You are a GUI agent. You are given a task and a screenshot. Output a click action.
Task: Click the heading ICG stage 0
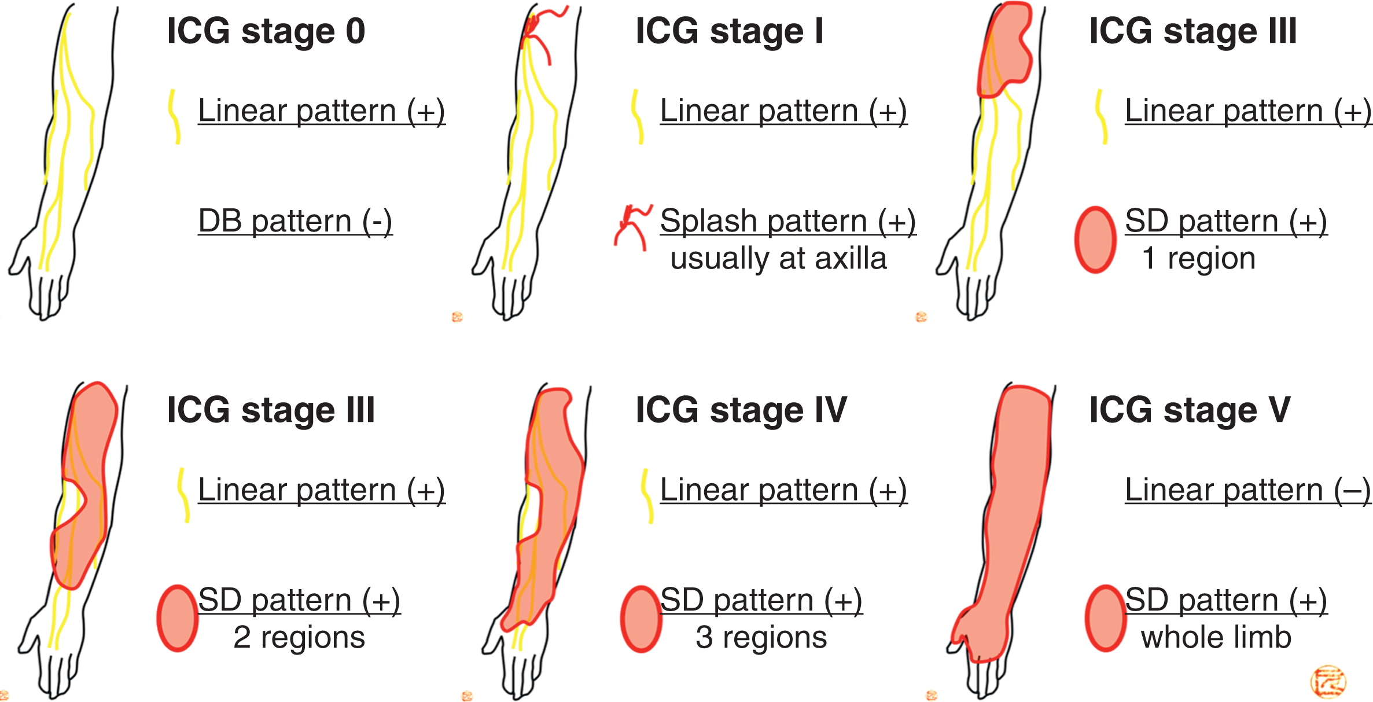[266, 31]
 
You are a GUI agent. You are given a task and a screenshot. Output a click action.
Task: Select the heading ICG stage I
[729, 31]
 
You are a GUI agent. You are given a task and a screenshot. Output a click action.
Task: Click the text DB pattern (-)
[295, 222]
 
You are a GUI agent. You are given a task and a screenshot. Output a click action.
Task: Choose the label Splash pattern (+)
[787, 222]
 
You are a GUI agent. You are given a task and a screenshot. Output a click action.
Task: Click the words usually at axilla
[778, 258]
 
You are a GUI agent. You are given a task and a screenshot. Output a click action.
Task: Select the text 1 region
[1198, 258]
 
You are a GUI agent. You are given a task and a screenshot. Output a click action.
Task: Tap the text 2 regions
[299, 637]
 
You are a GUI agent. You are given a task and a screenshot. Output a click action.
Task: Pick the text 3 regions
[761, 637]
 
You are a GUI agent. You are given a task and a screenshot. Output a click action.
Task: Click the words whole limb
[1216, 637]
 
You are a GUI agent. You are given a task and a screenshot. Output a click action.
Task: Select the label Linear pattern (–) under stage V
[1247, 491]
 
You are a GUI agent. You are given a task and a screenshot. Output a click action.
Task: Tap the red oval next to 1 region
[1095, 239]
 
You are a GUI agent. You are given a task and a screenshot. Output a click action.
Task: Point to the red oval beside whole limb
[1105, 618]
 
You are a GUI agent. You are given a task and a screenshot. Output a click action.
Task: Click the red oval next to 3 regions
[641, 619]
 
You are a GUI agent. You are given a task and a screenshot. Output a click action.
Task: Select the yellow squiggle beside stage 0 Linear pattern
[174, 116]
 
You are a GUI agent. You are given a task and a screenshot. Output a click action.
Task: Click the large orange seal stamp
[1328, 681]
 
